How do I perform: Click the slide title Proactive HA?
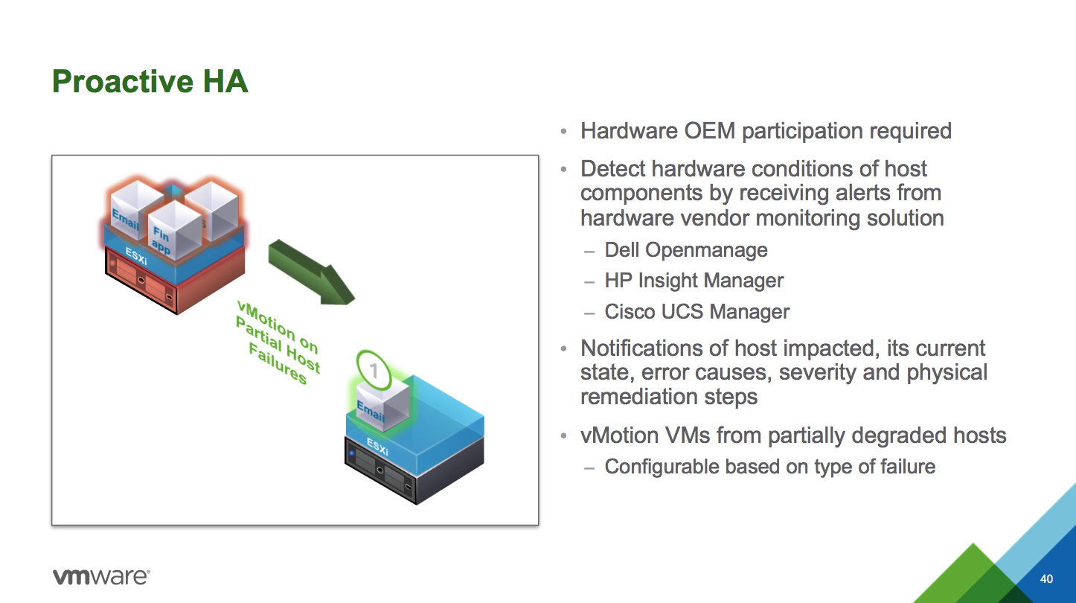tap(150, 81)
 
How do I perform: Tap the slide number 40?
tap(1046, 579)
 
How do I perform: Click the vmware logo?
tap(101, 576)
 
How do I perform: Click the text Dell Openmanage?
tap(685, 249)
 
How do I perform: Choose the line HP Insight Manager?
tap(694, 281)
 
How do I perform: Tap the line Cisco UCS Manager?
tap(696, 311)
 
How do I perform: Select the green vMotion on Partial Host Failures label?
tap(277, 341)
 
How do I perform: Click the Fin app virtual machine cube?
tap(175, 227)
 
